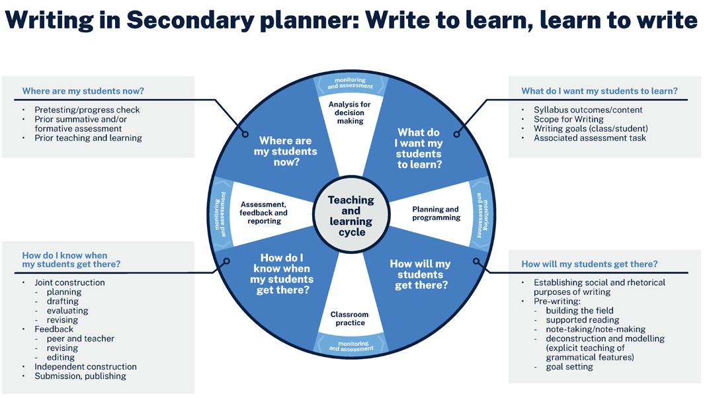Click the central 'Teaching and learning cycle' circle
click(351, 216)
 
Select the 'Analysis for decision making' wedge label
click(349, 112)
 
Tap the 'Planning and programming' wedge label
click(436, 214)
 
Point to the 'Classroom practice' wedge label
click(349, 319)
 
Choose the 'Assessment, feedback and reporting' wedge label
click(264, 213)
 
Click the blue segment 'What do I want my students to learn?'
click(419, 148)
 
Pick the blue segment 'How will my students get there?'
click(421, 274)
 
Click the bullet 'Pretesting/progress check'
click(87, 110)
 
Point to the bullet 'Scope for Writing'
click(569, 119)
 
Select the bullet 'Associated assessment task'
click(590, 138)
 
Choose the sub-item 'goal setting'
click(569, 367)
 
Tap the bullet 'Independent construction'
click(85, 367)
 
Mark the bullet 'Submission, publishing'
click(80, 376)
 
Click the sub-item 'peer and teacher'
click(81, 338)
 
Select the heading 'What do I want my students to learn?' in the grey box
click(599, 91)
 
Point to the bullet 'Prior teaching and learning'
click(88, 138)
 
